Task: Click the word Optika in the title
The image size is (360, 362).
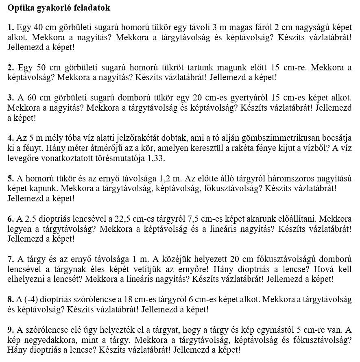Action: pyautogui.click(x=20, y=8)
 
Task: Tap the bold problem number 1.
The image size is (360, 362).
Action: pyautogui.click(x=10, y=28)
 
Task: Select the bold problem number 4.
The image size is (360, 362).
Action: pyautogui.click(x=10, y=138)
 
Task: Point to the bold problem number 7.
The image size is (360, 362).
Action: pyautogui.click(x=10, y=259)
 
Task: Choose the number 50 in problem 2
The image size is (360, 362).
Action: pyautogui.click(x=41, y=67)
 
